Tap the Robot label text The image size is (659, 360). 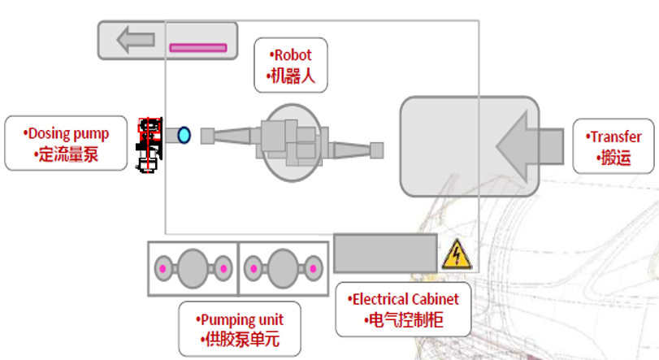tap(291, 55)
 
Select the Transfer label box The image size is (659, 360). tap(614, 146)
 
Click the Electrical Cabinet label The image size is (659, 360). tap(404, 309)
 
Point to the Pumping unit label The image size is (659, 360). tap(239, 329)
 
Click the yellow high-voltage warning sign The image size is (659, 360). tap(456, 255)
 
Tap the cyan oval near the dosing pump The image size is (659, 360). tap(184, 135)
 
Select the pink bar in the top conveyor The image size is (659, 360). tap(197, 48)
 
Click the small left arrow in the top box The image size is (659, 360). tap(135, 40)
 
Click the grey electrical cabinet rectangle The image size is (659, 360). tap(386, 253)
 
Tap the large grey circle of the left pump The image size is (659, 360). tap(193, 267)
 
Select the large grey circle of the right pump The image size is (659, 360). tap(283, 267)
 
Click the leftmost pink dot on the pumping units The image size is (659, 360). tap(163, 268)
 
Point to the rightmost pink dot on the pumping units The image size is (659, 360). tap(313, 268)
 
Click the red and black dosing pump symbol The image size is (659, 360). tap(148, 145)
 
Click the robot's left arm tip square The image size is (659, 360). tap(207, 136)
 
